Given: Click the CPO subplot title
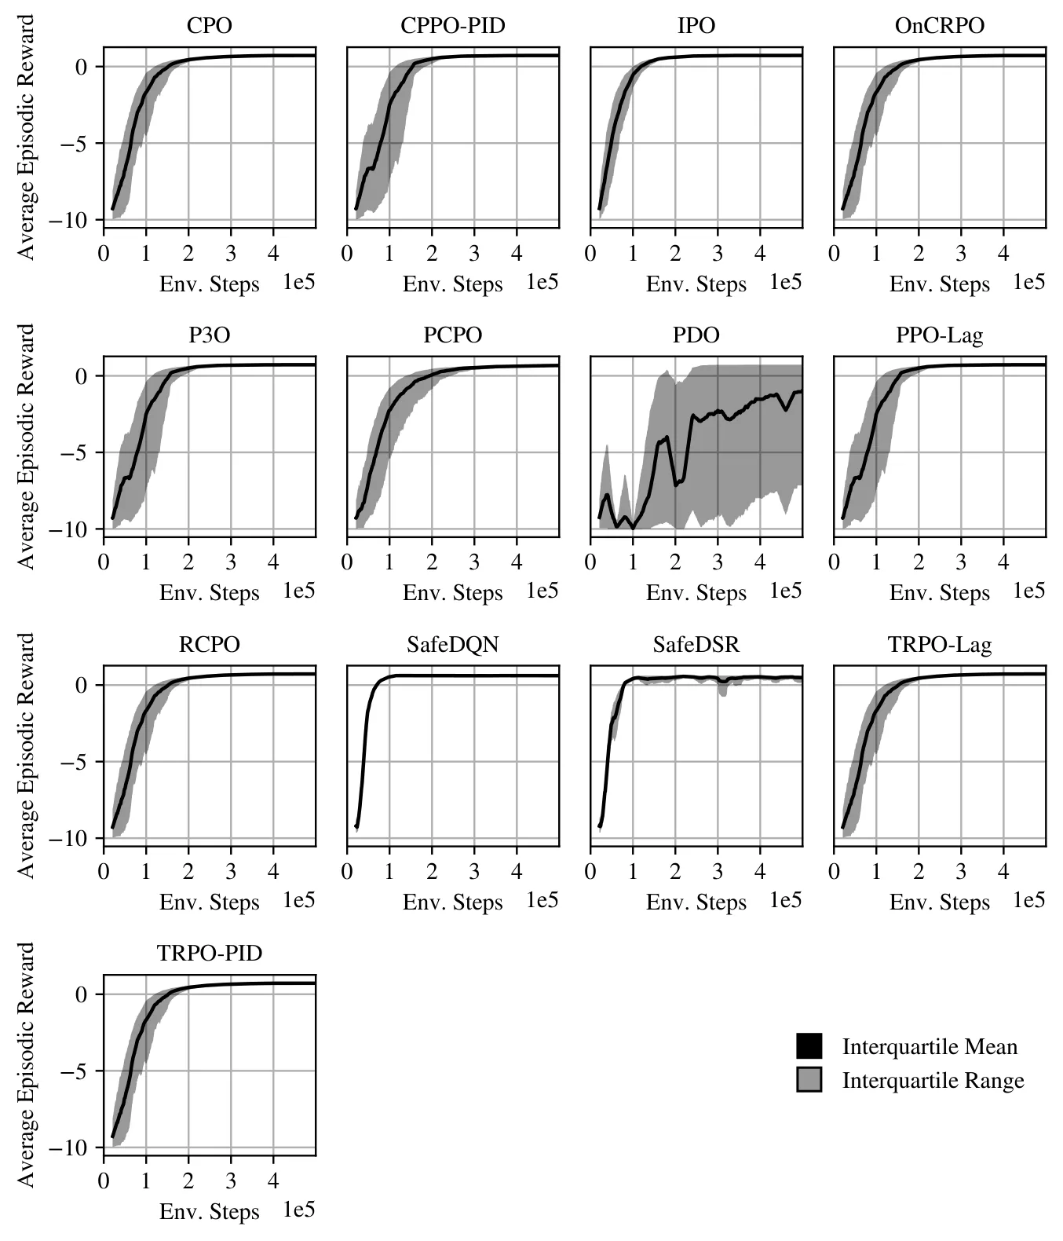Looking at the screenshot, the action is coord(209,26).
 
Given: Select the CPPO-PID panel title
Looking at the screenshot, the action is coord(452,26).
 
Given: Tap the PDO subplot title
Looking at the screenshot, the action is coord(696,335).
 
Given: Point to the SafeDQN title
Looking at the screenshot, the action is coord(452,644).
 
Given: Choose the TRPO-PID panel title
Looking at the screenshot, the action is coord(210,954).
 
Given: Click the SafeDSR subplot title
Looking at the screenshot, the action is coord(696,644).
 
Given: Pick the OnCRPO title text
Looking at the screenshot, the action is coord(940,26).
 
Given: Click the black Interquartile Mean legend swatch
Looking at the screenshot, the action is coord(809,1046).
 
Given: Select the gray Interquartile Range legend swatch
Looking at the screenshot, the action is coord(809,1079).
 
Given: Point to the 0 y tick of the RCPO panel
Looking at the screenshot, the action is coord(81,685).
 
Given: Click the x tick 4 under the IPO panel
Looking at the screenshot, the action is coord(760,254).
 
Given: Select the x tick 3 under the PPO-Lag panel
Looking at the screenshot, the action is coord(961,562).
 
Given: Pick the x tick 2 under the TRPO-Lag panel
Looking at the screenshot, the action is coord(919,872).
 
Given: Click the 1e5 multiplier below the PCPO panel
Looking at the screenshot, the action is coord(542,591).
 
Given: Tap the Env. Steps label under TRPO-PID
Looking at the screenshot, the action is coord(210,1212).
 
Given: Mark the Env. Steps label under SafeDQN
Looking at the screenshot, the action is coord(452,902).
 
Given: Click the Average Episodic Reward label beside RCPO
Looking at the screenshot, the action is coord(26,756).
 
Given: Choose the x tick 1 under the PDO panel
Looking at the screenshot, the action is coord(633,562).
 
